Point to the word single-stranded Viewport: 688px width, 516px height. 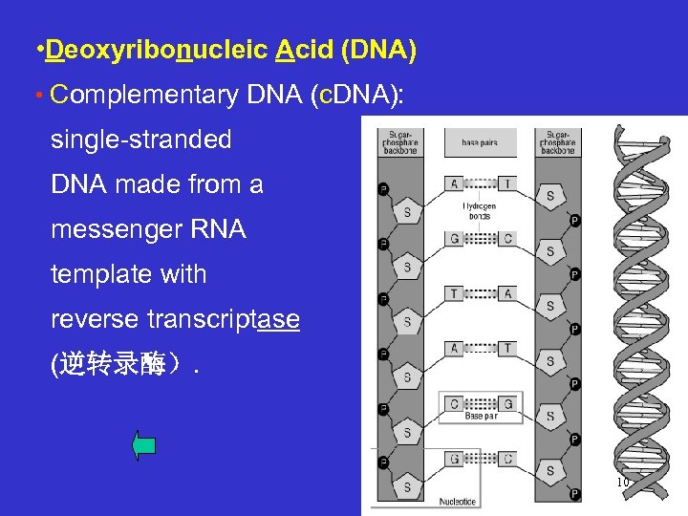pos(140,140)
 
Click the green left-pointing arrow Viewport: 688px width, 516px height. pos(144,445)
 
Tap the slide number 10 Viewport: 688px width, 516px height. pos(622,483)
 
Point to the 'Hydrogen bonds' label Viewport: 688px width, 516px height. pos(479,210)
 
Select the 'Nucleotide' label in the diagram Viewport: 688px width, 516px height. pos(457,500)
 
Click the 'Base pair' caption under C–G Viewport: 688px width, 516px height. pos(481,417)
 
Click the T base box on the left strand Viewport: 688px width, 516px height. pos(453,292)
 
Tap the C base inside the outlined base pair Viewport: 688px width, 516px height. pos(454,403)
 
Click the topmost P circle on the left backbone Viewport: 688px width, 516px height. pos(383,188)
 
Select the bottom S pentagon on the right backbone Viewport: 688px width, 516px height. pos(549,471)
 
